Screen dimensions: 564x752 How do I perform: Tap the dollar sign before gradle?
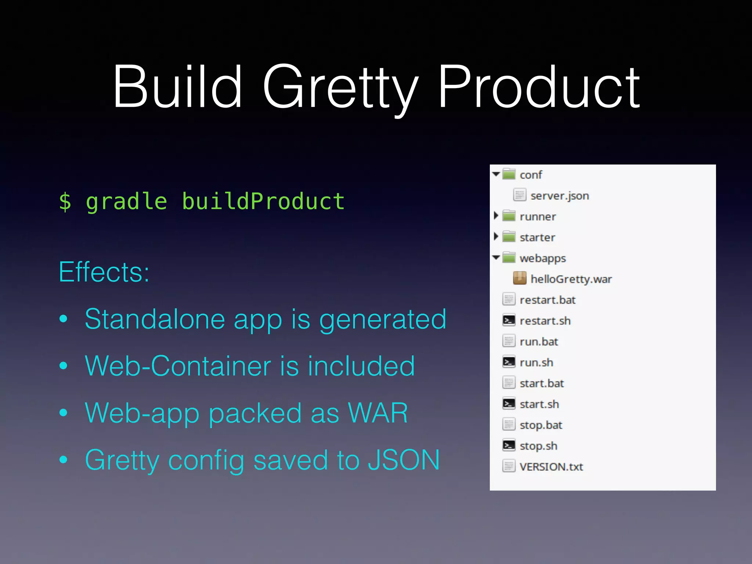(65, 202)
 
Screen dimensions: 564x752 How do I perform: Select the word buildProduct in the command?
(263, 202)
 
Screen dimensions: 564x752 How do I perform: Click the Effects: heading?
(104, 272)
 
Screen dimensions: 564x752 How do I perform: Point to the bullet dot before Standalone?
(64, 319)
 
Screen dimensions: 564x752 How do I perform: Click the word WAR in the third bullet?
(378, 413)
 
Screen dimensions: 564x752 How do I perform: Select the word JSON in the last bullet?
(404, 460)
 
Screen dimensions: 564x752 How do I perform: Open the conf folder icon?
(509, 174)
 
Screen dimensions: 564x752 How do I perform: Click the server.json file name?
(560, 196)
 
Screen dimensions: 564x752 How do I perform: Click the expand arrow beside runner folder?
(496, 216)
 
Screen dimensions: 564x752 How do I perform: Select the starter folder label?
(537, 238)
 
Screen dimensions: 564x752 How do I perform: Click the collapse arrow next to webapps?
(496, 257)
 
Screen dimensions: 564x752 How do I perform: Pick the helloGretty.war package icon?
(520, 278)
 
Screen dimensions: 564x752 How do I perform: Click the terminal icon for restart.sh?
(509, 321)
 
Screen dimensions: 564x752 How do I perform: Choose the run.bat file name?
(539, 342)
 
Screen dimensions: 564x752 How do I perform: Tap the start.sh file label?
(539, 404)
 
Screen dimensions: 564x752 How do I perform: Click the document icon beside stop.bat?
(509, 425)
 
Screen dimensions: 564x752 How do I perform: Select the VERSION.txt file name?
(551, 467)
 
